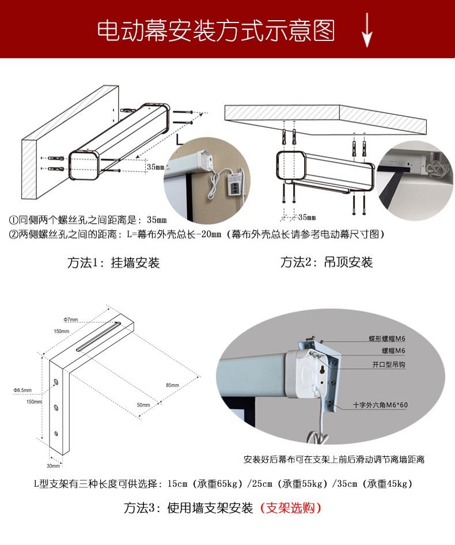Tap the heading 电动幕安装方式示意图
[215, 31]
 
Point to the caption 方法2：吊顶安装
[327, 262]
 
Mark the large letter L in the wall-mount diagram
[180, 138]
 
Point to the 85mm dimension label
[172, 385]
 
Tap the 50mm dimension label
[143, 405]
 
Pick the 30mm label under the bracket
[53, 465]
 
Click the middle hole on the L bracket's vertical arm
[56, 408]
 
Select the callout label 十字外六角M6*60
[380, 405]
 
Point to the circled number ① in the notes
[13, 220]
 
